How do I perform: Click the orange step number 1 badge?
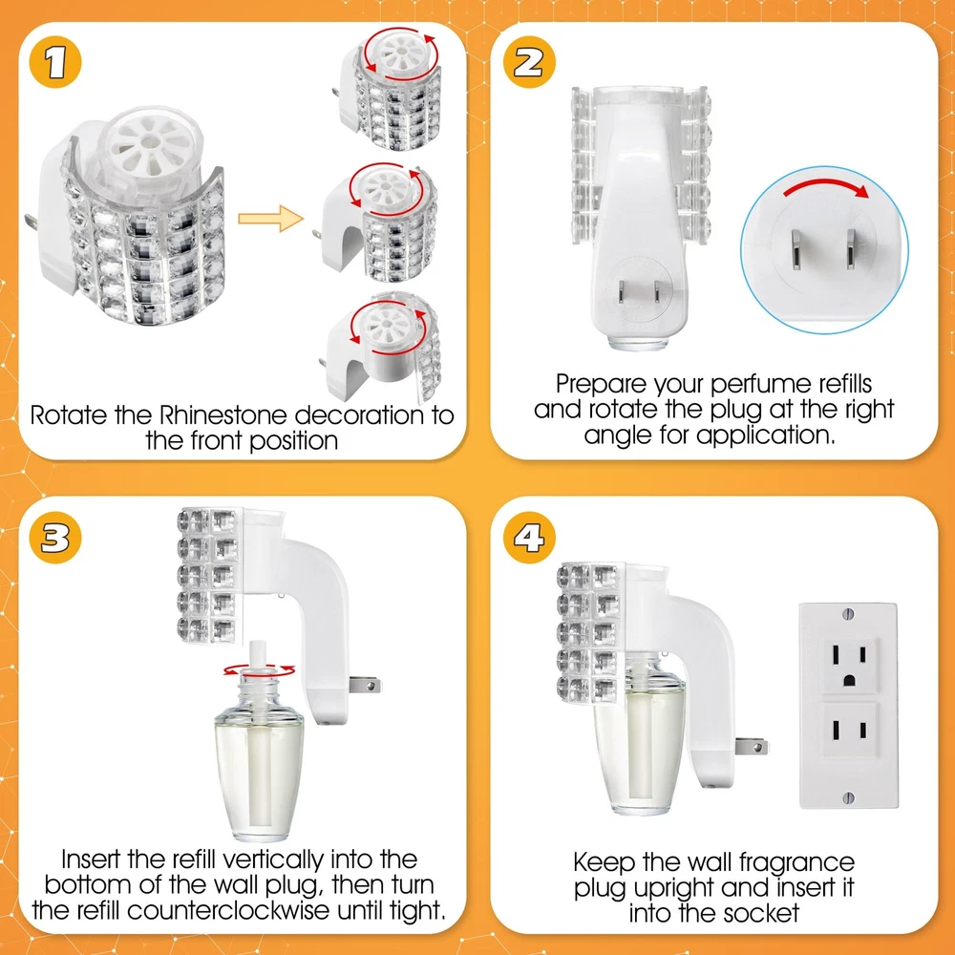(x=55, y=62)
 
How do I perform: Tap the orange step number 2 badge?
(x=529, y=62)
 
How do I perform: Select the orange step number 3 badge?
(x=55, y=538)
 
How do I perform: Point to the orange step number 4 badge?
(x=529, y=538)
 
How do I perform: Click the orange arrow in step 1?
(x=270, y=219)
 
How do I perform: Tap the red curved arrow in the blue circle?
(x=826, y=186)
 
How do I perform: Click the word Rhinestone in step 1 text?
(x=223, y=415)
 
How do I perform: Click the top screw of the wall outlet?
(x=848, y=613)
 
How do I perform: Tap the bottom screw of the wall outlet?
(x=848, y=797)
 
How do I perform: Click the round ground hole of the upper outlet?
(x=849, y=680)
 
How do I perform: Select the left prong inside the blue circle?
(x=796, y=248)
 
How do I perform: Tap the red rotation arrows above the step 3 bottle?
(x=259, y=670)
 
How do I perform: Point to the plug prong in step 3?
(x=365, y=686)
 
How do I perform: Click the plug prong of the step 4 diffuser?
(x=751, y=746)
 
